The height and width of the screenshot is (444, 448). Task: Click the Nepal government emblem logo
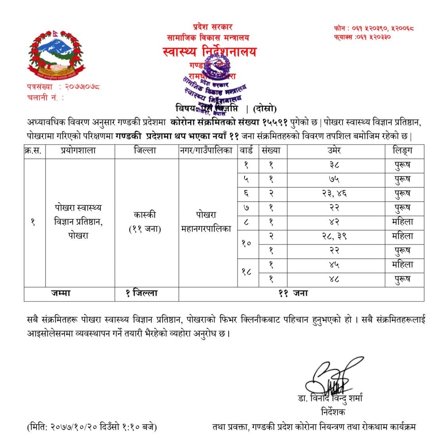pyautogui.click(x=55, y=53)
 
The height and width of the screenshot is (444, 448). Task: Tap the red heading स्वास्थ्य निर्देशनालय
pyautogui.click(x=210, y=52)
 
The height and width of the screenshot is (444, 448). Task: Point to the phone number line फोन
pyautogui.click(x=374, y=28)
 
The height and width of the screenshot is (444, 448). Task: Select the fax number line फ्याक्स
pyautogui.click(x=362, y=37)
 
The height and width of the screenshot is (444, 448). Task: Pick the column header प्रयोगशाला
pyautogui.click(x=78, y=151)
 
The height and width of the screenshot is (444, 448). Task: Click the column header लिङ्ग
pyautogui.click(x=402, y=151)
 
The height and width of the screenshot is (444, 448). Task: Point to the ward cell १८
pyautogui.click(x=247, y=272)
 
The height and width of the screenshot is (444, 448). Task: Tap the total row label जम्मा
pyautogui.click(x=60, y=293)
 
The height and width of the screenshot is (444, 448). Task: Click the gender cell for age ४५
pyautogui.click(x=402, y=265)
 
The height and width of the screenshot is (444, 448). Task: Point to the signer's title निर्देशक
pyautogui.click(x=334, y=412)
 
